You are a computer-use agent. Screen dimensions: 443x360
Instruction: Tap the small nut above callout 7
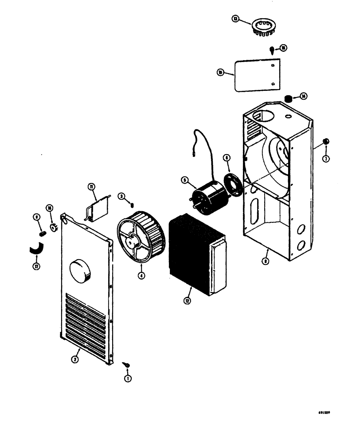(326, 141)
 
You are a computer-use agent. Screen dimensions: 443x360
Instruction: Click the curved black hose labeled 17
(36, 249)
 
